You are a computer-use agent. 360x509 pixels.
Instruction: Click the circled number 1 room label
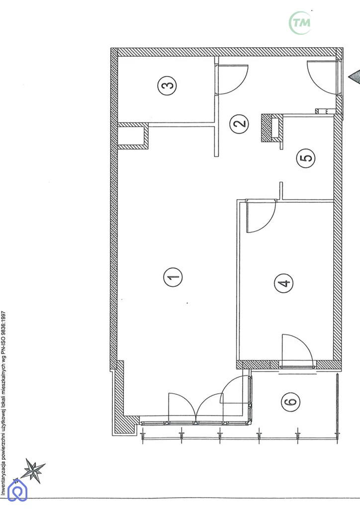[x=173, y=277]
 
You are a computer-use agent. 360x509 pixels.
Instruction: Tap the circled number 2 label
[x=239, y=124]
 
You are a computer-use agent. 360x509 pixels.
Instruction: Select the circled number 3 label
[x=167, y=85]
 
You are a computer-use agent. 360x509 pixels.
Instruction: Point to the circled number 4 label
[x=283, y=283]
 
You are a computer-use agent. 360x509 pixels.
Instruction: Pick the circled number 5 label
[x=306, y=158]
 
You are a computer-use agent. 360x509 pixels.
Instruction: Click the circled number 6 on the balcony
[x=290, y=402]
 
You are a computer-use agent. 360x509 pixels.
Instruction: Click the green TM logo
[x=300, y=22]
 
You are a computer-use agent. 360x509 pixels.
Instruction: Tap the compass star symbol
[x=35, y=470]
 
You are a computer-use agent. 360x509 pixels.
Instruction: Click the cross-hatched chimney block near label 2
[x=271, y=128]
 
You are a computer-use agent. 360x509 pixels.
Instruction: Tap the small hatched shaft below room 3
[x=133, y=136]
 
